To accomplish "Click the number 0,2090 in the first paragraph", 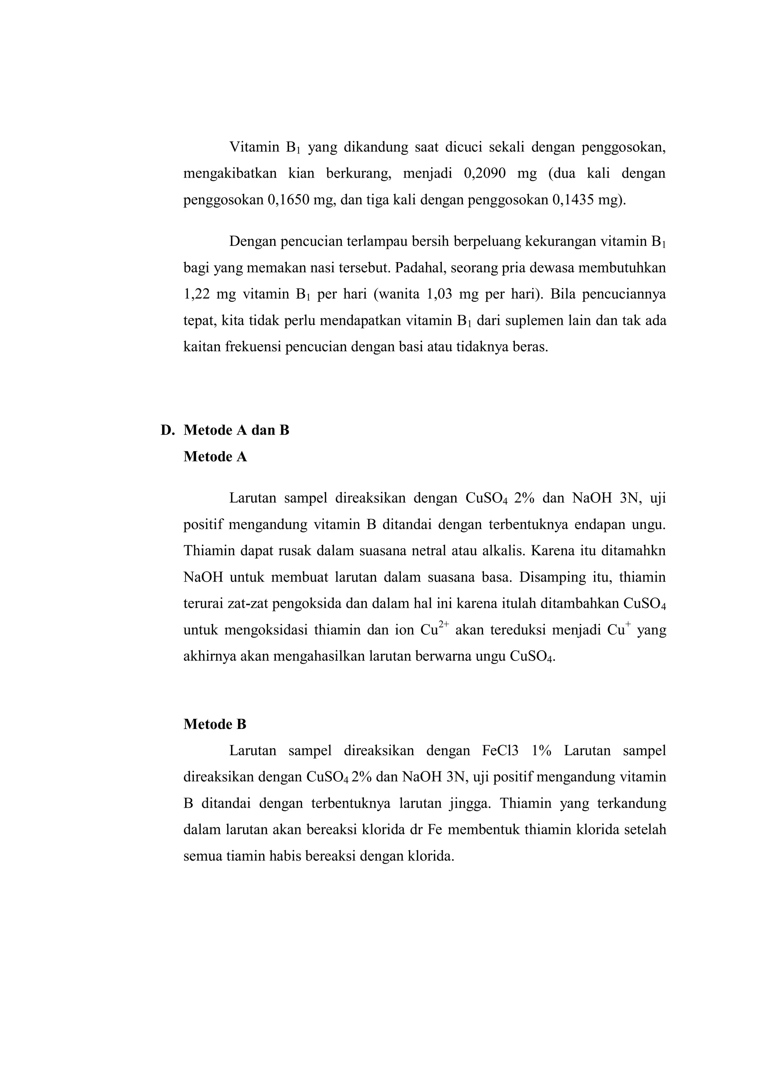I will pos(485,174).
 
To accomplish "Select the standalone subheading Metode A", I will pos(215,457).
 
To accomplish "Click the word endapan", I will pos(599,525).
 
